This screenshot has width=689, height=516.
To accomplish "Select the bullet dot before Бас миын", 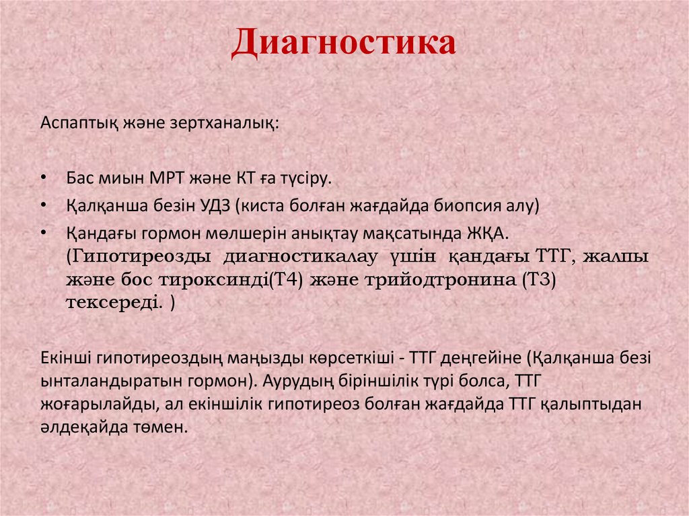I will [44, 179].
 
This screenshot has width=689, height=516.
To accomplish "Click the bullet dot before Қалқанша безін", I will [44, 205].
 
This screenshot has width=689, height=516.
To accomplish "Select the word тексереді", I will [113, 303].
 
